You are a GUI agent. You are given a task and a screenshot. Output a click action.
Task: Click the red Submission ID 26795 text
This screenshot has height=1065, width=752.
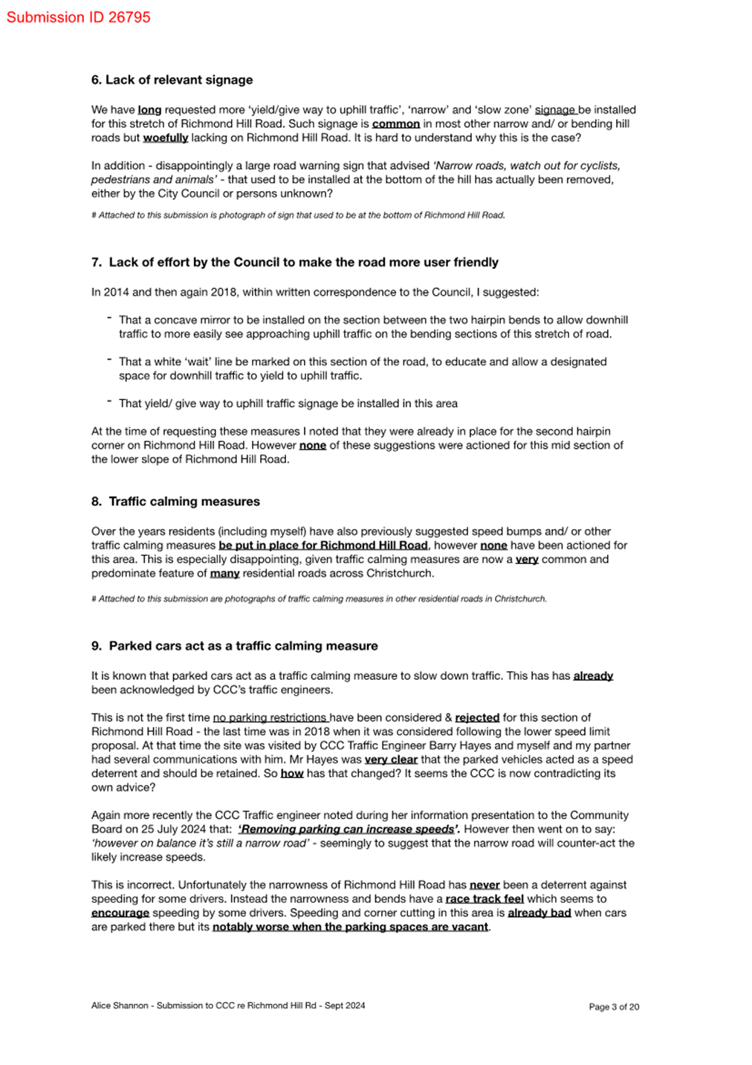(x=78, y=17)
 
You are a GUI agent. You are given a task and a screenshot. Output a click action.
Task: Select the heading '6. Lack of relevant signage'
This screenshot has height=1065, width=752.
(x=172, y=80)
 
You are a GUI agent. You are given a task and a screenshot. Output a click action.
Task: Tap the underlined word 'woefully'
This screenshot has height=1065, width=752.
(x=165, y=138)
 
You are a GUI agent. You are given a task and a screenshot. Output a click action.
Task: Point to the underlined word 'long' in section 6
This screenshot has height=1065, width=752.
(x=149, y=110)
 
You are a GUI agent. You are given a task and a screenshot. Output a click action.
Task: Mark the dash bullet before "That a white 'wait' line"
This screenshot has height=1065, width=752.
(x=109, y=360)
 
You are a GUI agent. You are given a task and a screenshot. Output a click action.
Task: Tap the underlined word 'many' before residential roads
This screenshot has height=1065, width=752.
(x=224, y=574)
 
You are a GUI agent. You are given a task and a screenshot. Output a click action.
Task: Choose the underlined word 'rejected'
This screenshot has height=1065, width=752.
(x=477, y=718)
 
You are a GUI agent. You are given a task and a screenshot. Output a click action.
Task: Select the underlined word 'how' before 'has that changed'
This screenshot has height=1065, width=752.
(x=292, y=774)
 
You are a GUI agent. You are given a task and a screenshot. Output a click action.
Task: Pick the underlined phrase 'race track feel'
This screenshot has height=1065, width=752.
(x=484, y=899)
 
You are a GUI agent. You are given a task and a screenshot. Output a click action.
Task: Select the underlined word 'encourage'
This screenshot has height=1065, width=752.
(x=120, y=913)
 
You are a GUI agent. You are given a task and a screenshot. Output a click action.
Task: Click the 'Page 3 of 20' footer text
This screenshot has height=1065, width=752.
(x=614, y=1007)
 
